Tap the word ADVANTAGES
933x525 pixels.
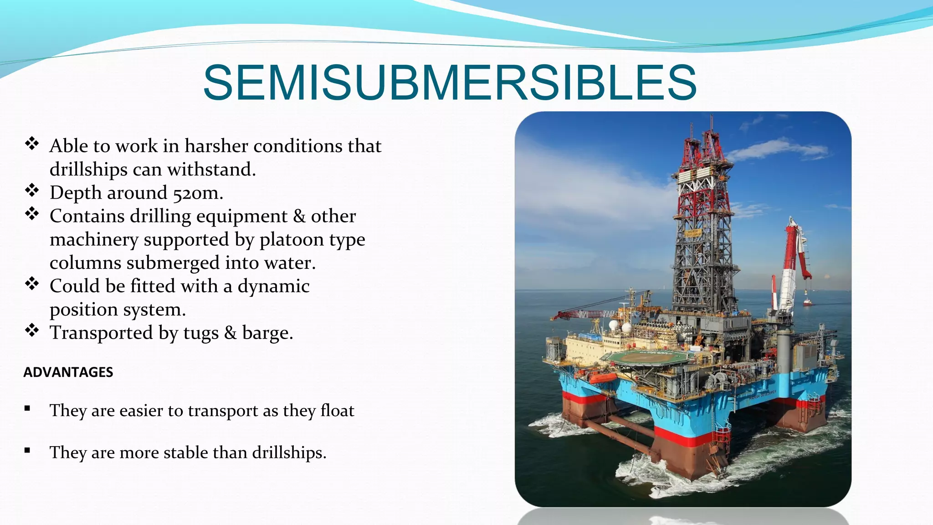(x=68, y=372)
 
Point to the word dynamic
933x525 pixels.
(x=273, y=286)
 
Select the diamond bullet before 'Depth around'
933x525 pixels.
(x=32, y=190)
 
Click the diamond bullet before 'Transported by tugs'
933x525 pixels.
(x=32, y=330)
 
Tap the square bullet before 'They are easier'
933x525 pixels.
(x=27, y=408)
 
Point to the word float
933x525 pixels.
(x=337, y=411)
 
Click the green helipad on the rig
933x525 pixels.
(x=647, y=358)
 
